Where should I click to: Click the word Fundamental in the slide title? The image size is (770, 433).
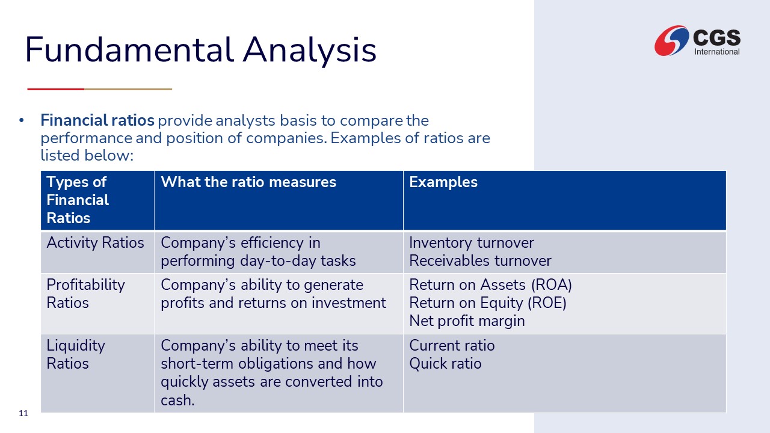click(x=129, y=50)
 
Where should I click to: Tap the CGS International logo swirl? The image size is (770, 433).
click(x=671, y=40)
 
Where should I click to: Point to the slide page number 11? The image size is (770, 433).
click(x=23, y=413)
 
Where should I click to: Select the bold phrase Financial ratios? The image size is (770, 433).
click(x=97, y=120)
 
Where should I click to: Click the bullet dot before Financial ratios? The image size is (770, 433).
click(x=22, y=120)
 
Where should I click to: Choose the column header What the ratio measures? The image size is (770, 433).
click(x=248, y=182)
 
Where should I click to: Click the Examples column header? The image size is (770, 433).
click(x=443, y=182)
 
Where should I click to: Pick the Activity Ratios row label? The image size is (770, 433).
click(x=95, y=242)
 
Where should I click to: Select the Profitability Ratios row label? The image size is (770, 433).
click(x=85, y=294)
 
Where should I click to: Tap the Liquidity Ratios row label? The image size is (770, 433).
click(x=76, y=355)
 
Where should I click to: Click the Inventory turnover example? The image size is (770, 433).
click(x=471, y=242)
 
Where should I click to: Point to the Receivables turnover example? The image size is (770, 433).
click(x=480, y=260)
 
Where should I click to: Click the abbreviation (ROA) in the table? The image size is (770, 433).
click(x=552, y=285)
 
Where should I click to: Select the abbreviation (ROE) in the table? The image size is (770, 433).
click(x=547, y=303)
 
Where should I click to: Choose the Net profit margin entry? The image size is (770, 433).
click(x=467, y=321)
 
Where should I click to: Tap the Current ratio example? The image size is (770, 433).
click(x=452, y=345)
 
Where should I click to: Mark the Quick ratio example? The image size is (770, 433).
click(x=445, y=364)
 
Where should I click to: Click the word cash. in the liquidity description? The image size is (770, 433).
click(x=177, y=400)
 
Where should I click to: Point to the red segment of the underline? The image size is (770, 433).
click(x=56, y=90)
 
